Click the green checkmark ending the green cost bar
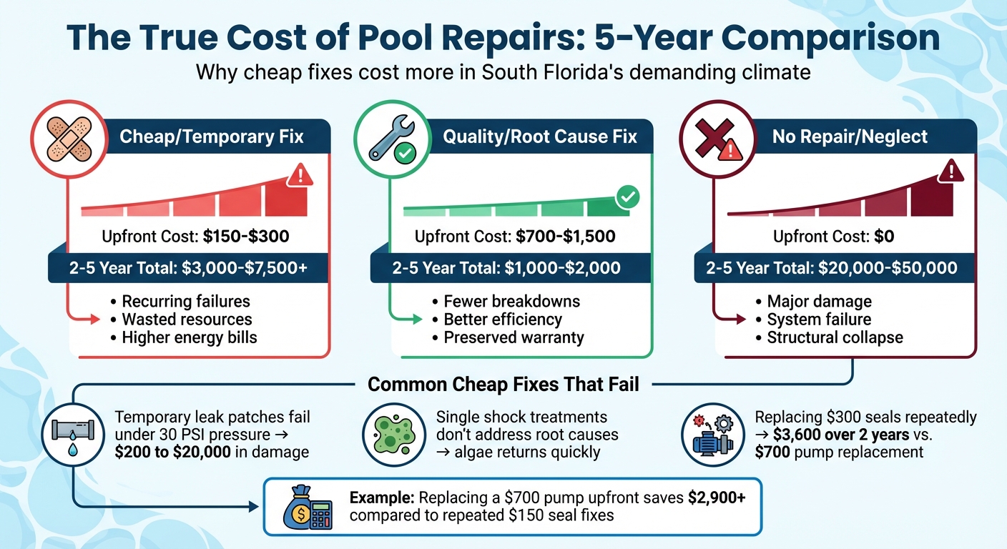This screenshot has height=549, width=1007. (x=627, y=197)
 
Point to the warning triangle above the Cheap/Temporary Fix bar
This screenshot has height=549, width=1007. (x=300, y=175)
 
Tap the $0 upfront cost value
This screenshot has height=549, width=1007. (x=884, y=236)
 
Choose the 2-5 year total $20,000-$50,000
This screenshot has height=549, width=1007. (x=885, y=268)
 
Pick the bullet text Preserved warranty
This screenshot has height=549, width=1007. (x=514, y=337)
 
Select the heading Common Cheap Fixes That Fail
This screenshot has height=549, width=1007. (x=503, y=385)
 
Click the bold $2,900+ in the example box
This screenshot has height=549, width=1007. (x=716, y=498)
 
